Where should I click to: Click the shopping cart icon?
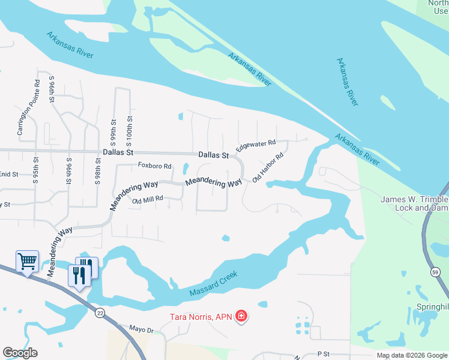tap(28, 262)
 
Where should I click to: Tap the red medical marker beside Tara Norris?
tap(241, 316)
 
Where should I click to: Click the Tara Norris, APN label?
tap(199, 316)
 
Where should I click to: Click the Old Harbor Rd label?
tap(268, 170)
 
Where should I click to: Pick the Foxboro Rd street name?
tap(155, 166)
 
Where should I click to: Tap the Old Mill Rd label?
tap(148, 200)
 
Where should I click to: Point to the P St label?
tap(324, 355)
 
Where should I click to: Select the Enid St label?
tap(10, 174)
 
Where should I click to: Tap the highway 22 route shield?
tap(100, 312)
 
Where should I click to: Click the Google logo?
tap(20, 352)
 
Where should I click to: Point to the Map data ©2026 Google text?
tap(412, 355)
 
